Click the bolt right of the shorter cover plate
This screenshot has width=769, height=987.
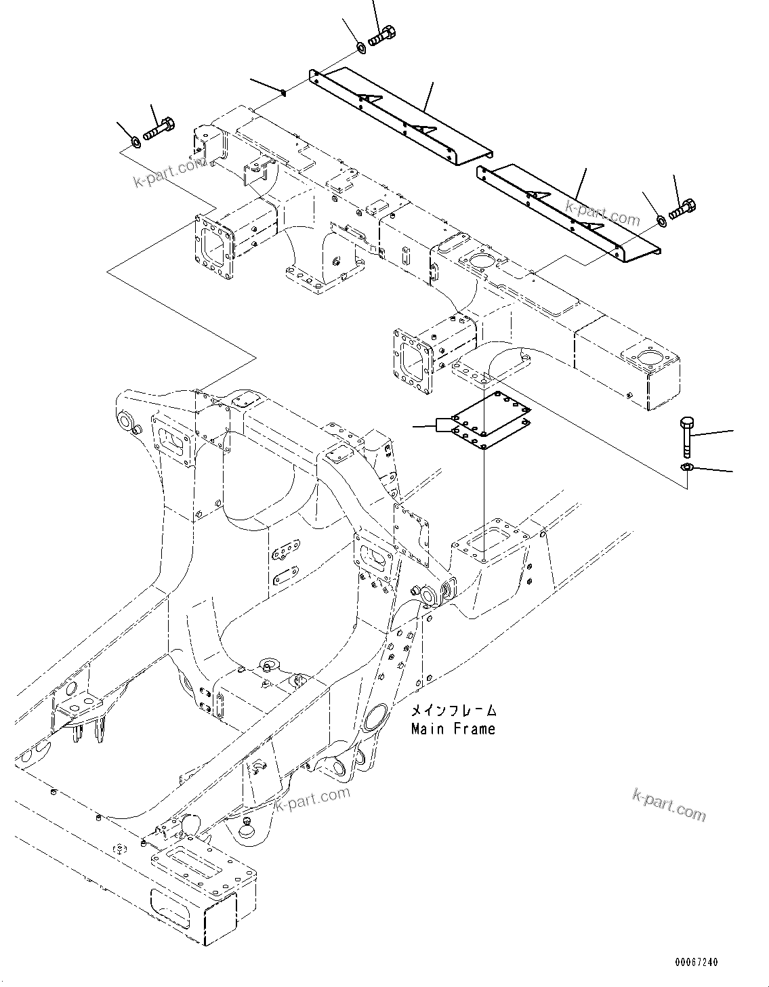[683, 209]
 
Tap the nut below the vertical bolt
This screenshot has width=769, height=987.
[686, 467]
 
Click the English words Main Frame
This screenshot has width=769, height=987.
[453, 730]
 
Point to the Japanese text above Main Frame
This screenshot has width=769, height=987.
[453, 711]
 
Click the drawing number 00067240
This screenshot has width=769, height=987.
[696, 963]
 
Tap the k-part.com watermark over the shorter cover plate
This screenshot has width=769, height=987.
[602, 211]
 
